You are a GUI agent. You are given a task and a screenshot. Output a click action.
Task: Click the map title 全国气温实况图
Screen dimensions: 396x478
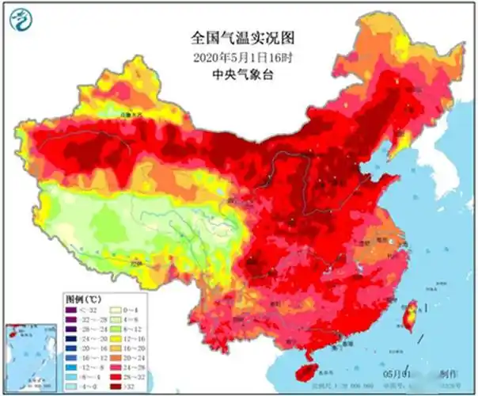[x=238, y=37]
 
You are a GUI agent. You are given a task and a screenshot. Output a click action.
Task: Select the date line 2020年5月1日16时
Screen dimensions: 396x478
[x=238, y=57]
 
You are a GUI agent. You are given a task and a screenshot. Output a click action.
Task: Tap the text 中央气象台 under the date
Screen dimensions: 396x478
[x=238, y=76]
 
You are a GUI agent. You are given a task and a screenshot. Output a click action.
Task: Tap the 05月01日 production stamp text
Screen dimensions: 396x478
[x=396, y=371]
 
